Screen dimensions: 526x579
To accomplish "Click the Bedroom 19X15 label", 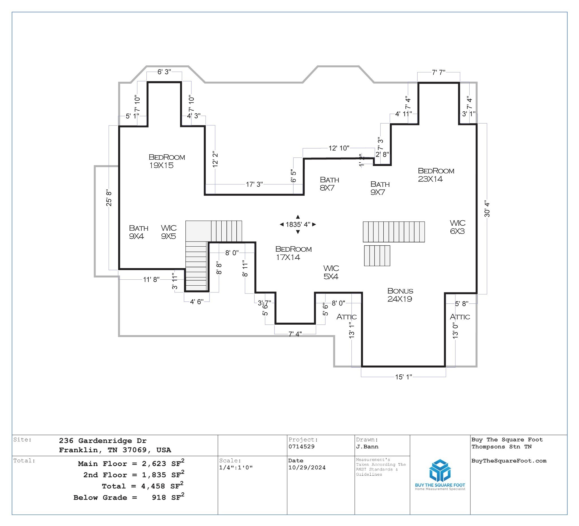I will (x=167, y=161).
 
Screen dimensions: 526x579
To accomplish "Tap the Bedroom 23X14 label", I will (x=436, y=175).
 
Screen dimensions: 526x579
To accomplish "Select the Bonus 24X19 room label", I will (x=400, y=295).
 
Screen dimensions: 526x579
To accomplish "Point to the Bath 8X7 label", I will (x=329, y=184).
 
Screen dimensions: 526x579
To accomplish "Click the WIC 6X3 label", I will (x=457, y=227).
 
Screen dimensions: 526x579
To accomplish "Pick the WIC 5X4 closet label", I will (x=331, y=273).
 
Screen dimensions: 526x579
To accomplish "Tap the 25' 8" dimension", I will (x=109, y=198).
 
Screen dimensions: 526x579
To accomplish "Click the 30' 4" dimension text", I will (x=487, y=209).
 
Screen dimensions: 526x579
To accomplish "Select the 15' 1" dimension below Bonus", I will (x=403, y=377).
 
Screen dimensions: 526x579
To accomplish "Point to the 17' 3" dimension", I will (x=254, y=184).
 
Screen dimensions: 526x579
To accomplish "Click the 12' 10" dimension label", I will (x=339, y=148).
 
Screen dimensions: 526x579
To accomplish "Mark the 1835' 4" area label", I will (x=298, y=225).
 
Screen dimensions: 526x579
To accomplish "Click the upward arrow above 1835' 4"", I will (x=298, y=217).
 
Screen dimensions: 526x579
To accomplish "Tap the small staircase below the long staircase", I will (x=377, y=256).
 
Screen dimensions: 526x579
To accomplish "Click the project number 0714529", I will (x=301, y=447).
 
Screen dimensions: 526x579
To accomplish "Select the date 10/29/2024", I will (x=307, y=468).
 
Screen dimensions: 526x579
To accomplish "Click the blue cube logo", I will (x=440, y=471).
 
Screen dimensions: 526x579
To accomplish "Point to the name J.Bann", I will (x=367, y=447).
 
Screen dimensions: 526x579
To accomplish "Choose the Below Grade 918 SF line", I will (x=129, y=498).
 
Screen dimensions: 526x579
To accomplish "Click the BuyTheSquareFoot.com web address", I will (x=509, y=461).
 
